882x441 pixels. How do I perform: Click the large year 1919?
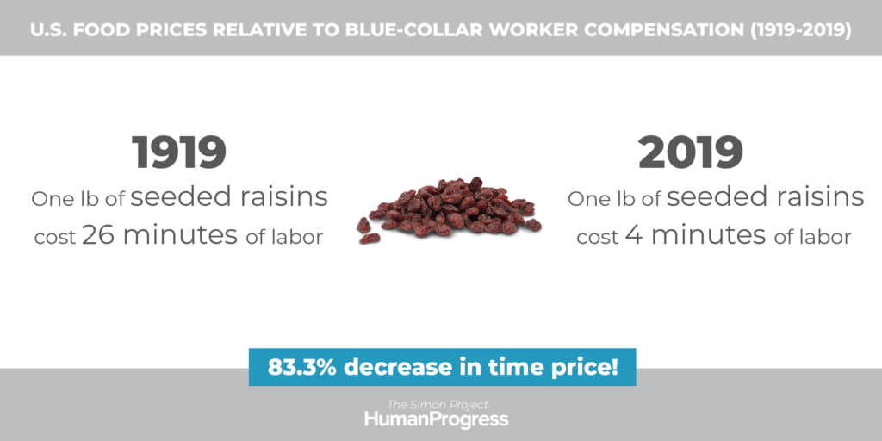pyautogui.click(x=179, y=152)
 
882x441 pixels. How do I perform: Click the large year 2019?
pyautogui.click(x=691, y=152)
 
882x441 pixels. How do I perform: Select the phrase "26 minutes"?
pyautogui.click(x=159, y=235)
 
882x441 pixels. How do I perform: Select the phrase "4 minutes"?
pyautogui.click(x=695, y=235)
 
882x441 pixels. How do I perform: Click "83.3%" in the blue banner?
pyautogui.click(x=302, y=367)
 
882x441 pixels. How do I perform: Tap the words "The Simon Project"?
pyautogui.click(x=438, y=405)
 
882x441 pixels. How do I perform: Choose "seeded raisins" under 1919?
pyautogui.click(x=229, y=197)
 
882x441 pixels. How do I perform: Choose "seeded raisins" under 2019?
pyautogui.click(x=765, y=197)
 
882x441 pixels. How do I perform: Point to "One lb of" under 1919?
pyautogui.click(x=78, y=199)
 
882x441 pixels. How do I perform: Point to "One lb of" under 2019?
pyautogui.click(x=614, y=199)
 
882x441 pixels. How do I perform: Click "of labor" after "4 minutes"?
pyautogui.click(x=812, y=238)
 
